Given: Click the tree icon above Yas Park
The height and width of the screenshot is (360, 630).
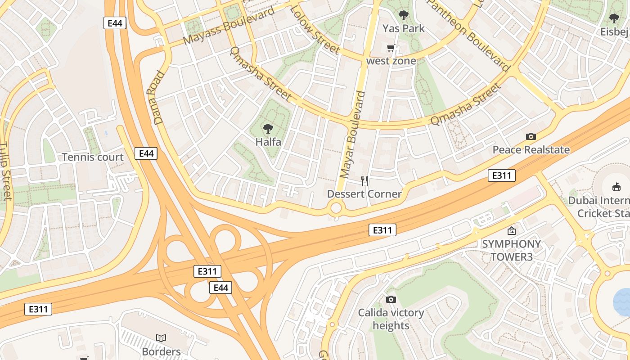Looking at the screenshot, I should point(404,15).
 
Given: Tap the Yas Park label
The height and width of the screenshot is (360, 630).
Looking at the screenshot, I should point(404,28).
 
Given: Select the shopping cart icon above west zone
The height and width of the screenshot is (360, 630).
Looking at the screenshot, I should point(391,48).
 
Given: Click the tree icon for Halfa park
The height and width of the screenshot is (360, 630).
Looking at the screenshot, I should point(268,129).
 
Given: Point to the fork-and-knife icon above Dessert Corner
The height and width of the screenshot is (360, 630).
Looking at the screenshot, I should point(364,181).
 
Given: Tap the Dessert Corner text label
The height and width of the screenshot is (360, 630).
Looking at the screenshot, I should point(364,194).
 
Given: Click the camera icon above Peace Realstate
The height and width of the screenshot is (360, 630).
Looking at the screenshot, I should point(531,136).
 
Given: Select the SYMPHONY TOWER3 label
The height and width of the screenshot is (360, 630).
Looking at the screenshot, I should point(511,250).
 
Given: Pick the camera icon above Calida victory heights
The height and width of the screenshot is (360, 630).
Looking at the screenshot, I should point(391,299).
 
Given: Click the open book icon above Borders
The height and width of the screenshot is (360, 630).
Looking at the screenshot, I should point(161,337).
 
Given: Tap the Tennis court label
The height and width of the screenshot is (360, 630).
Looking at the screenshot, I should point(92,157).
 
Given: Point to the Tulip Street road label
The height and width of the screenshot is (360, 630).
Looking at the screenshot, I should point(5,171).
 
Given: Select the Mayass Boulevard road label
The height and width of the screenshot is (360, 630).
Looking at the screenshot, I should point(229,26).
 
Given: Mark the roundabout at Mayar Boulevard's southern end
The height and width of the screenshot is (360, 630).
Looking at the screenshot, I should point(336,208).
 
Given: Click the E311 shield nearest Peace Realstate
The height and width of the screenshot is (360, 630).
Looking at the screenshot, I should point(501,175).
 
